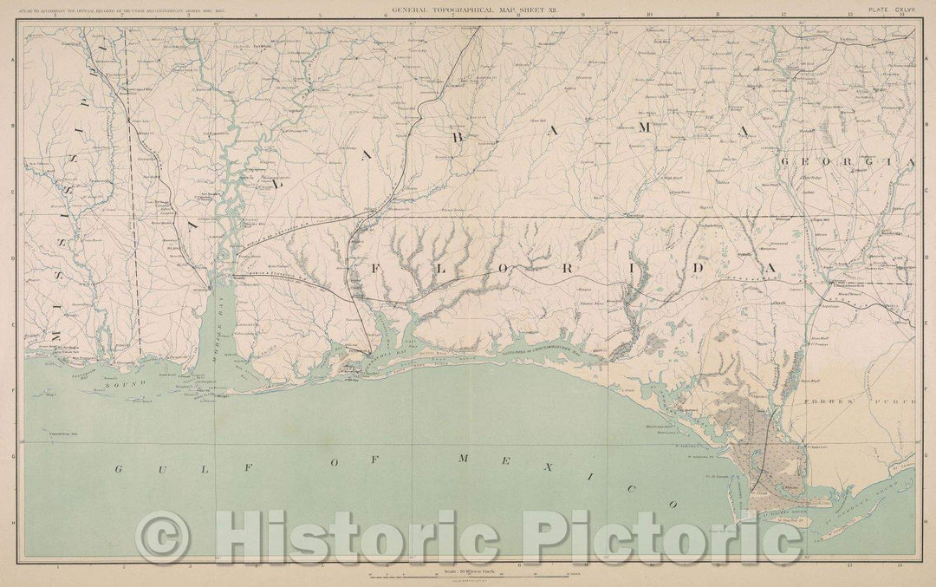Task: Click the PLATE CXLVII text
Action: [890, 10]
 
